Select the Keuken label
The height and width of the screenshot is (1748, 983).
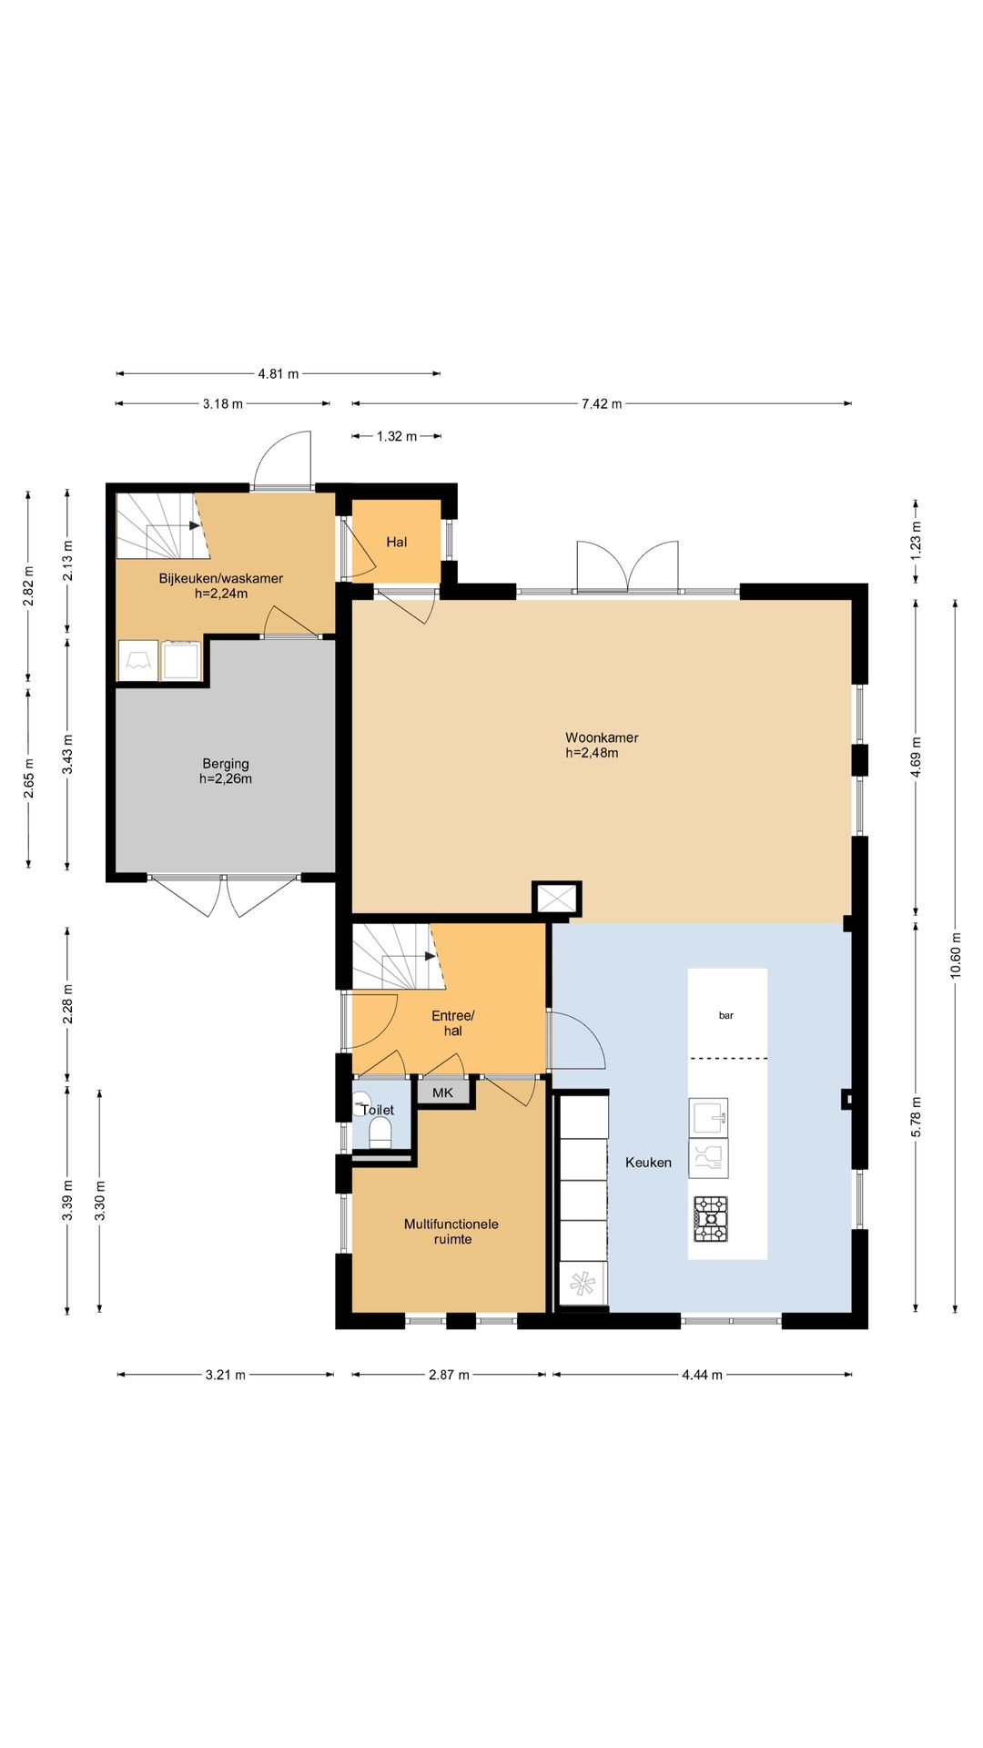pos(648,1163)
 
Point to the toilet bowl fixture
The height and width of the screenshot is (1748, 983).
pos(380,1133)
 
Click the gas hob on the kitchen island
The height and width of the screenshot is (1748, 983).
pos(711,1219)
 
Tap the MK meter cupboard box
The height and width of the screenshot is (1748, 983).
pos(443,1092)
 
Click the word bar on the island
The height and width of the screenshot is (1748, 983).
pos(726,1015)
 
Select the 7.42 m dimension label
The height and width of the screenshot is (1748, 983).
pos(602,403)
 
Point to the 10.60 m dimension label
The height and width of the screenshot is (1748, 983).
pos(955,955)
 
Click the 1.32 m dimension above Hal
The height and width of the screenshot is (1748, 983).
pos(397,436)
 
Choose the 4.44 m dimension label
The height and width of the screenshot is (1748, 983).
pos(702,1375)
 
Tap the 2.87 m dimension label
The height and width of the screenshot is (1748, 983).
pos(449,1375)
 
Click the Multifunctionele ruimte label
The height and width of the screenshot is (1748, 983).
pos(451,1232)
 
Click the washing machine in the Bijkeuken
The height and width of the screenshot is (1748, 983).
pos(181,661)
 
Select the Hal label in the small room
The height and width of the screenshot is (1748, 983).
pos(397,542)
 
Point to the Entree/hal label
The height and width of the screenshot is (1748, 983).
pos(453,1023)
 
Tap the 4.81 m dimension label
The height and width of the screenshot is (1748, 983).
pos(279,373)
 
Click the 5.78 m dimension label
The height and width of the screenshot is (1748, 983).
pos(917,1116)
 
